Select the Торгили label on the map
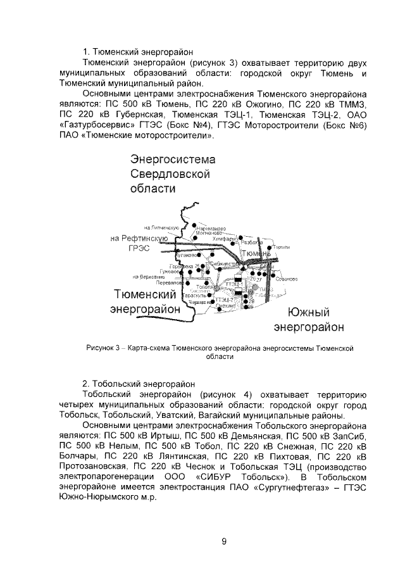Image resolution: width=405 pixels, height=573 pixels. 281,247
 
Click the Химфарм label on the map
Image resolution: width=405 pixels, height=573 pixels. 225,239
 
